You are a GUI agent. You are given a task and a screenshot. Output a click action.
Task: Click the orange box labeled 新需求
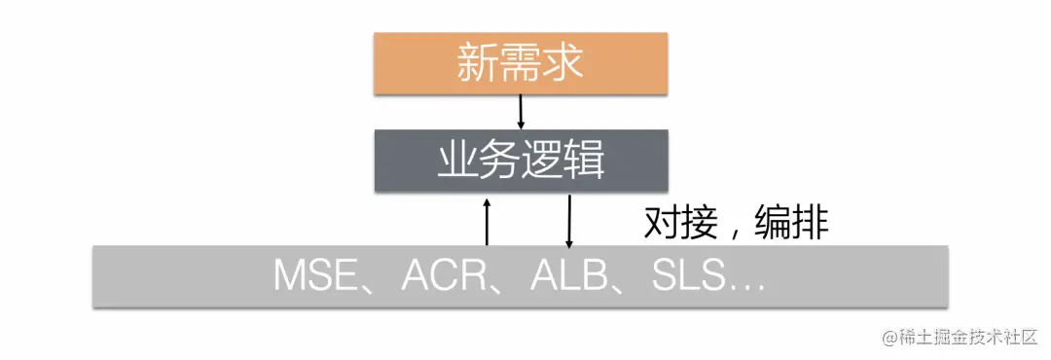(521, 64)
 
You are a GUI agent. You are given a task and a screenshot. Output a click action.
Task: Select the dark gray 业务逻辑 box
(521, 160)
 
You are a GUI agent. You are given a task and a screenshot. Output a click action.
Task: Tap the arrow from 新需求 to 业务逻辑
(521, 112)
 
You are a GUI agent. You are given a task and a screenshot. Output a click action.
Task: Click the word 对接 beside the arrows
(677, 224)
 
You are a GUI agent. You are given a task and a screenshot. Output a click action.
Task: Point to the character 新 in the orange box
(478, 64)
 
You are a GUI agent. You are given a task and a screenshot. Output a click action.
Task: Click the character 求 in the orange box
(563, 64)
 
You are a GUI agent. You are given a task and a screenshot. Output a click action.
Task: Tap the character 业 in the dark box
(457, 160)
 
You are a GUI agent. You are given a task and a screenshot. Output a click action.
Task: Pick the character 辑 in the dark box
(584, 160)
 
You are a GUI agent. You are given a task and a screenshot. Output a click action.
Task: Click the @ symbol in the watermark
(889, 338)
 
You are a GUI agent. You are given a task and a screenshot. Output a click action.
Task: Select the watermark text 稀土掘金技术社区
(968, 338)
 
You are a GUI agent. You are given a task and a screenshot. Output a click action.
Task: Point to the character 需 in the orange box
(521, 64)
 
